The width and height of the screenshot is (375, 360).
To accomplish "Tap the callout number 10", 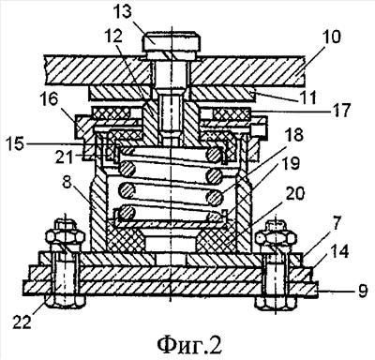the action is tap(330, 37).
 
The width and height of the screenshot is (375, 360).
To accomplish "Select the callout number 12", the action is tap(114, 37).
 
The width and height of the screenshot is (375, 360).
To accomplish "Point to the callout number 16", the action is tap(50, 100).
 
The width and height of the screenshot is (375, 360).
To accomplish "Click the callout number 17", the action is tap(340, 111).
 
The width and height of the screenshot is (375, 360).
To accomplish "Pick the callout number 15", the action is tap(13, 144).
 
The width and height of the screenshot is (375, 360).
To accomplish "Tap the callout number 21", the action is tap(65, 157).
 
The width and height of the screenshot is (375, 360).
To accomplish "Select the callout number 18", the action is tap(292, 136).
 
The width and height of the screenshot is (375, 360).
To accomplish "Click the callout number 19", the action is tap(292, 164).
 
